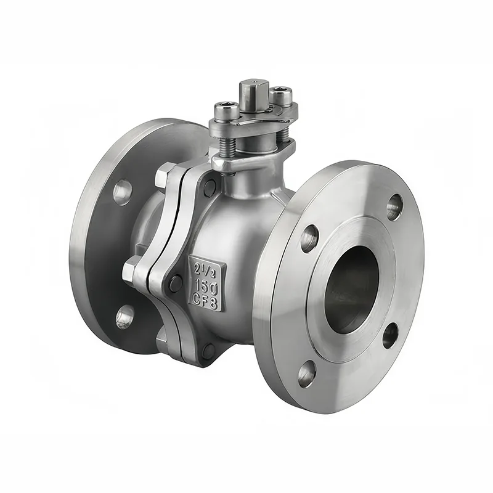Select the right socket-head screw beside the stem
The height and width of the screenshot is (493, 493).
click(x=281, y=95)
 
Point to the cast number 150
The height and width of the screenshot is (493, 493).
click(x=206, y=286)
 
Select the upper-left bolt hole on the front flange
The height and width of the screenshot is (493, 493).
click(x=310, y=238)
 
